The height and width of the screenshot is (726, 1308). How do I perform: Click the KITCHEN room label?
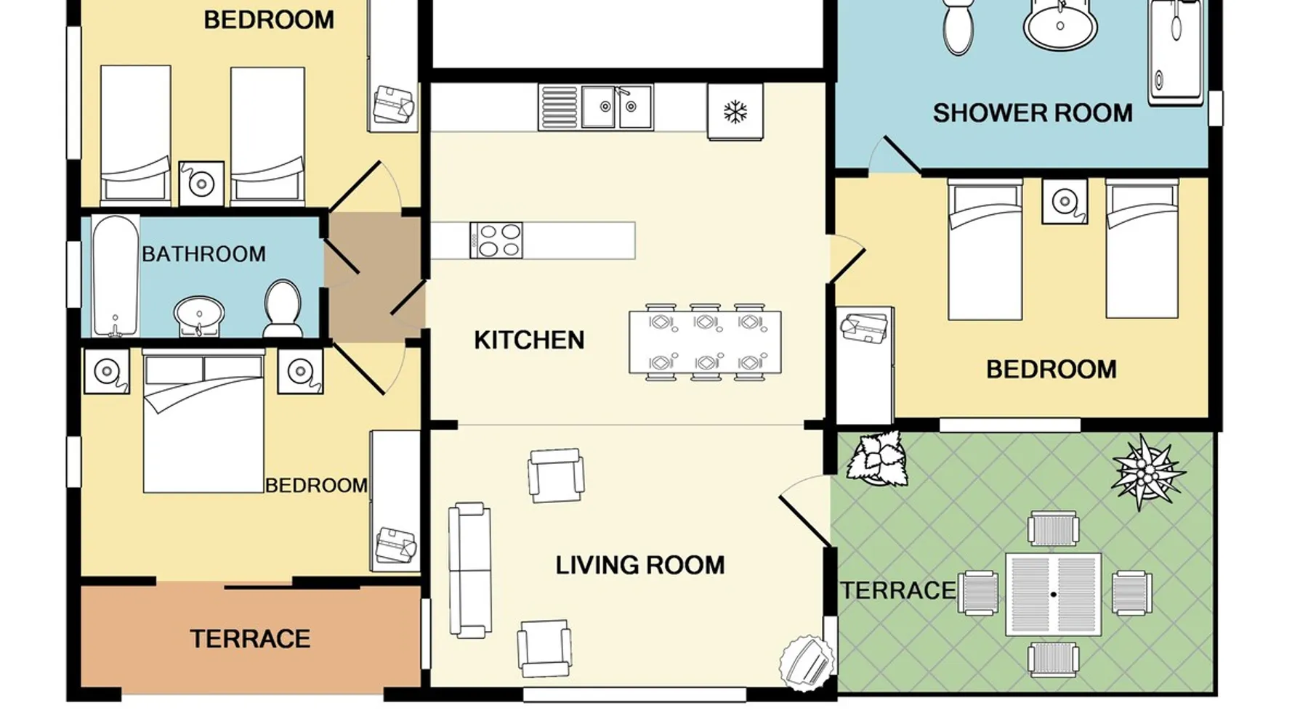[529, 340]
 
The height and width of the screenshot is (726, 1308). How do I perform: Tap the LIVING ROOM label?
[640, 565]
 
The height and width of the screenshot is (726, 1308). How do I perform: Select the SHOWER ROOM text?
[1033, 113]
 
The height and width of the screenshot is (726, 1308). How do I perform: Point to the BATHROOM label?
[203, 254]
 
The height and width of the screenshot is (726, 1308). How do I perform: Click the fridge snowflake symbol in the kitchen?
[735, 112]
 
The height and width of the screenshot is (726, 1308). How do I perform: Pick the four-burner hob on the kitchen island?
[496, 240]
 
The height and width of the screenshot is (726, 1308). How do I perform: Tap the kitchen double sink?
[616, 107]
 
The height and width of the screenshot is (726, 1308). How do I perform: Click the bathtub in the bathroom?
[116, 276]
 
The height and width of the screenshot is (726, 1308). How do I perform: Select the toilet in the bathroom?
[283, 309]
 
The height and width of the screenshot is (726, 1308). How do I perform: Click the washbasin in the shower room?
[1060, 25]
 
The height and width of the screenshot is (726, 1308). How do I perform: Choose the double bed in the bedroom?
[203, 421]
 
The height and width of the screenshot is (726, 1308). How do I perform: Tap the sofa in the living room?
[469, 570]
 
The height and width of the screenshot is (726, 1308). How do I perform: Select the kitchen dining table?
[705, 342]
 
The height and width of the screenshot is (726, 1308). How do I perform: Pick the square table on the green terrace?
[1054, 595]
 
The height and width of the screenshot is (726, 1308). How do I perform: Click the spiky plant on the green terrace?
[1147, 471]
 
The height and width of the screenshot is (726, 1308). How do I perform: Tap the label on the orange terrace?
[250, 639]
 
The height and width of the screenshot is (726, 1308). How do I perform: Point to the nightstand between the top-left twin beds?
[201, 183]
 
